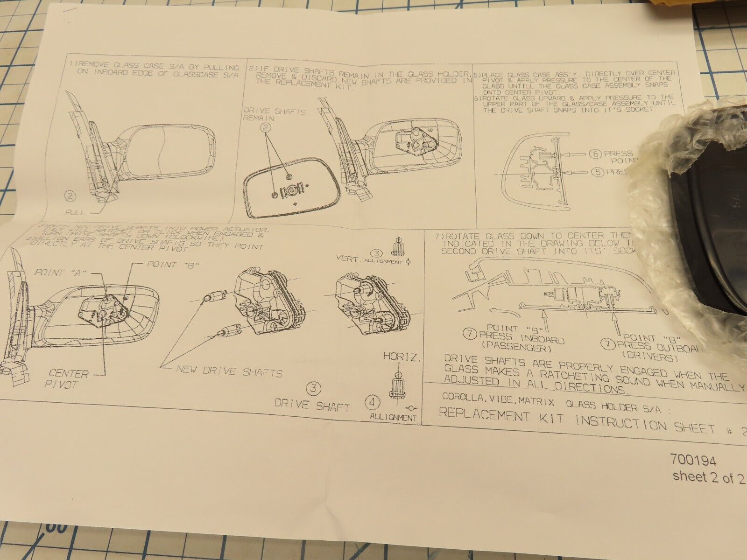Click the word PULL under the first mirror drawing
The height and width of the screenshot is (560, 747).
pos(76,212)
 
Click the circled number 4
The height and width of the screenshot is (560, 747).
pos(373,401)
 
